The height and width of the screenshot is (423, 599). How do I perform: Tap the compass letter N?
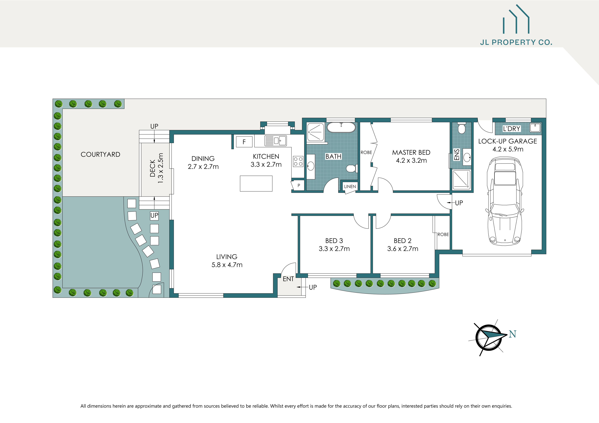[x=512, y=334]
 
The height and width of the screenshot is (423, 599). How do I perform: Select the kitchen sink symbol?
[x=276, y=141]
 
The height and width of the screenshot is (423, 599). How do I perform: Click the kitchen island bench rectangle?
[x=256, y=184]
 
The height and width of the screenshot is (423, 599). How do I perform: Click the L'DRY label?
[x=511, y=129]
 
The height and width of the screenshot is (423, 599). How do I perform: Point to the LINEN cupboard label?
[x=350, y=186]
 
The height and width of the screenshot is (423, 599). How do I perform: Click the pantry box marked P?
[x=299, y=185]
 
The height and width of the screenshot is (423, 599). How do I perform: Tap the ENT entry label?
[x=288, y=279]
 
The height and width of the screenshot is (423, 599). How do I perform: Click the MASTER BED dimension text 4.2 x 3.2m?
[x=411, y=160]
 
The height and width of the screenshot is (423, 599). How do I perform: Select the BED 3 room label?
[x=334, y=241]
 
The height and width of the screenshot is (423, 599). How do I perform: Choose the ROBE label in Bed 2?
[x=443, y=234]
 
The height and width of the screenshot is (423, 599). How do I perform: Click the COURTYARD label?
[x=100, y=154]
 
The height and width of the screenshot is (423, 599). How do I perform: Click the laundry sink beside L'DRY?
[x=535, y=128]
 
